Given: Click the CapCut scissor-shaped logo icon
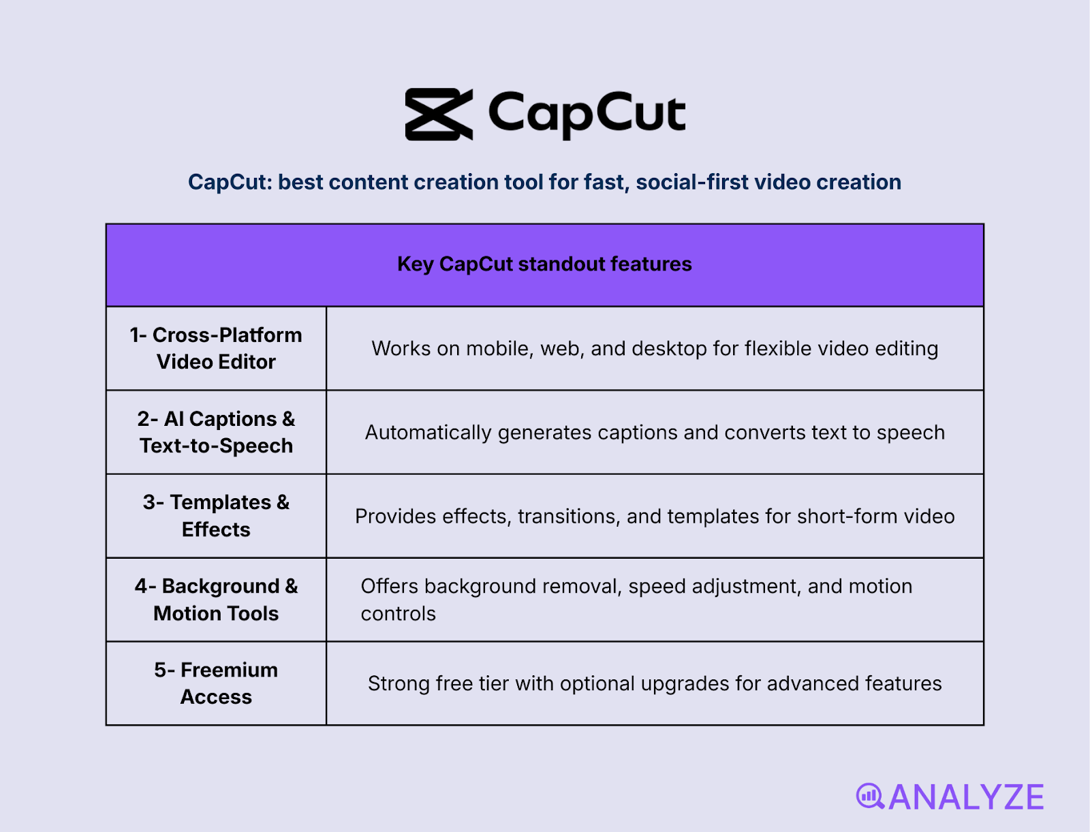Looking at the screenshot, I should [439, 114].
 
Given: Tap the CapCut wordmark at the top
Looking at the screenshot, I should [587, 114].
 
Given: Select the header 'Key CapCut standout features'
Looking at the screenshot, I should [544, 264].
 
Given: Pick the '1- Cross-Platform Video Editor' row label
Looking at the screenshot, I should [216, 348].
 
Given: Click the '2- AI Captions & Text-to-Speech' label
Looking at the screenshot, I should [216, 432].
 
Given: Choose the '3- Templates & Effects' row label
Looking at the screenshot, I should [216, 516].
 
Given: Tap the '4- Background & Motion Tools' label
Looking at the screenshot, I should [216, 600].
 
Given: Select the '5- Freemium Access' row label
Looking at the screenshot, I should [216, 683].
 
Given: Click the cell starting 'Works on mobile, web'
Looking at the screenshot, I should [655, 349].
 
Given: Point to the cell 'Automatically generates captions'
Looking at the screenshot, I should [655, 433].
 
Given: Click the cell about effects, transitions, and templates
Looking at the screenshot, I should [655, 517].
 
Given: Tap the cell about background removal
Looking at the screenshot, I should [636, 600].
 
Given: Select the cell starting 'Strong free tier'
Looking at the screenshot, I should [655, 683].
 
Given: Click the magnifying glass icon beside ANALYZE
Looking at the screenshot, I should [870, 796].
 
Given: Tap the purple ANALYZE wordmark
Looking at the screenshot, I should [966, 797].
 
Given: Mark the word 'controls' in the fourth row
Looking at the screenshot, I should [398, 614].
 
